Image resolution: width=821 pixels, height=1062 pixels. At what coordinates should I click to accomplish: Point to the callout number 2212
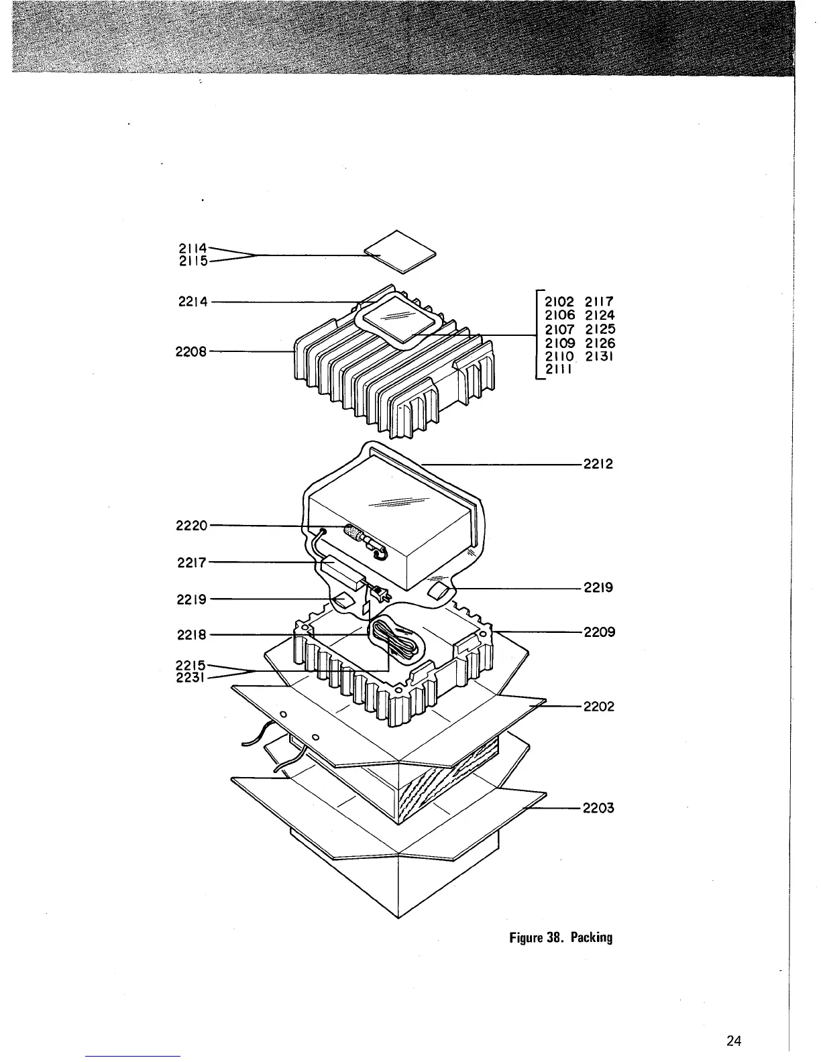[599, 464]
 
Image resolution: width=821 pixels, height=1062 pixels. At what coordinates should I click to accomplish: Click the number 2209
[599, 632]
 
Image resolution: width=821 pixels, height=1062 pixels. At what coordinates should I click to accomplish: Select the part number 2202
[599, 706]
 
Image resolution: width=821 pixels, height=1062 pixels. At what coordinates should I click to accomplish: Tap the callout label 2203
[599, 808]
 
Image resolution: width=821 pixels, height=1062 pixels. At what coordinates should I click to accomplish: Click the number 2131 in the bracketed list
[600, 357]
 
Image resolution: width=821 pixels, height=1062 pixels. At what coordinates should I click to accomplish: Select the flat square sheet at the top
[400, 252]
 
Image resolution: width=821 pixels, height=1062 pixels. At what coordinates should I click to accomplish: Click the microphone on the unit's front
[362, 536]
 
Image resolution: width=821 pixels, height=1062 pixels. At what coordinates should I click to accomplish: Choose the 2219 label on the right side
[599, 588]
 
